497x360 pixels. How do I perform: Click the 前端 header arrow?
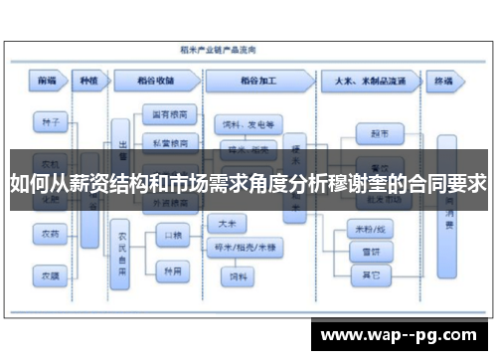click(47, 80)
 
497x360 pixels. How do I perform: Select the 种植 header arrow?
click(89, 80)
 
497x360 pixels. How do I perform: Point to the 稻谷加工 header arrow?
click(259, 80)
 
